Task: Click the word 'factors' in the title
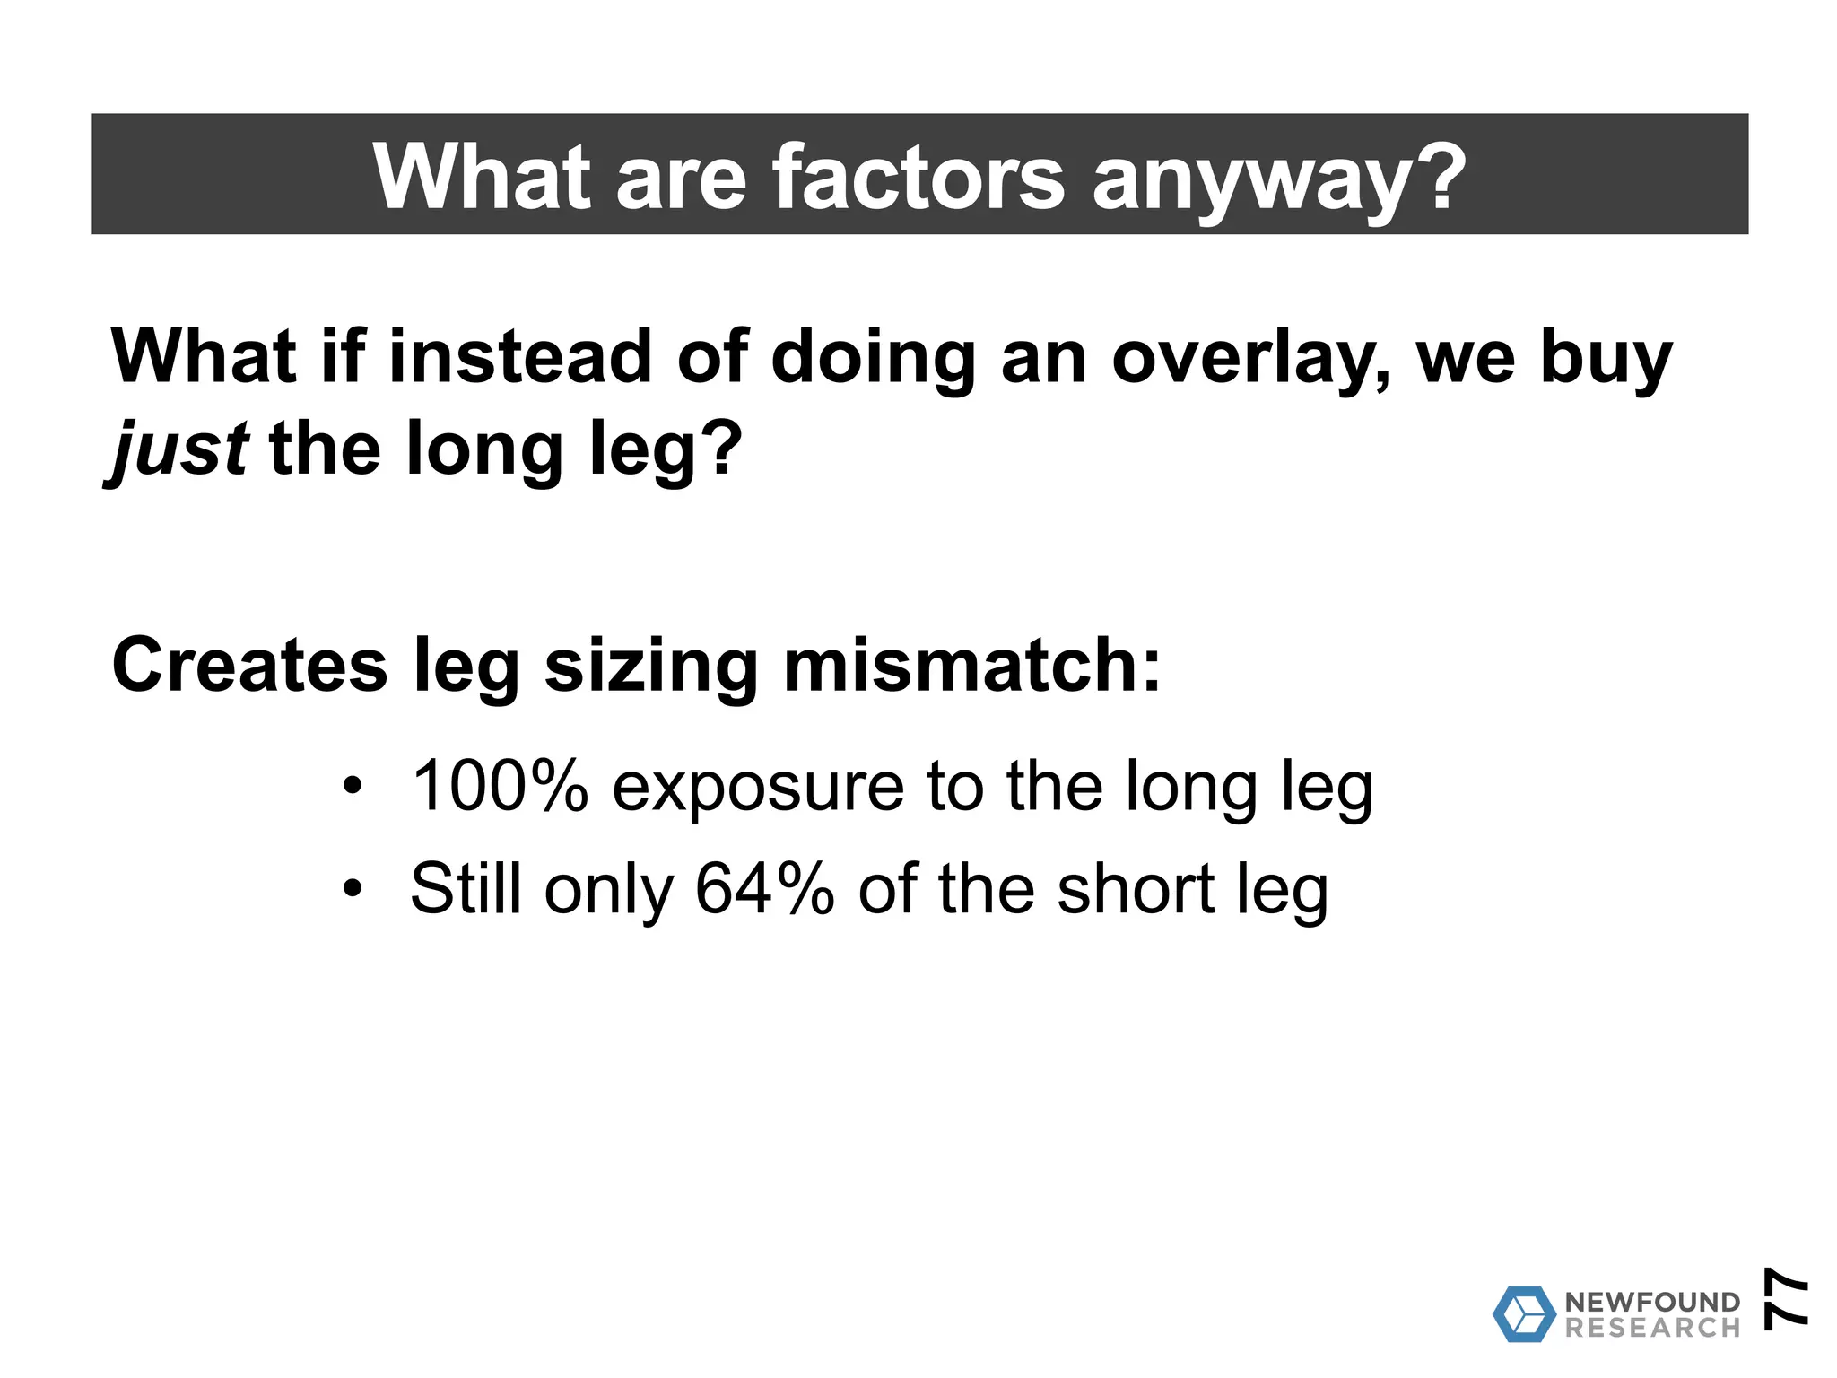pos(918,177)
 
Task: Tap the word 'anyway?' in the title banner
pos(1279,179)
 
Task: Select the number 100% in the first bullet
pos(500,786)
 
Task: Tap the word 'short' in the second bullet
pos(1136,889)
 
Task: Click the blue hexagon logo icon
pos(1524,1314)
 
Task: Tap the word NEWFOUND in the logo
pos(1652,1302)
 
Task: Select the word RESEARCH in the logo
pos(1652,1328)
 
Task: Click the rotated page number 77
pos(1784,1296)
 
